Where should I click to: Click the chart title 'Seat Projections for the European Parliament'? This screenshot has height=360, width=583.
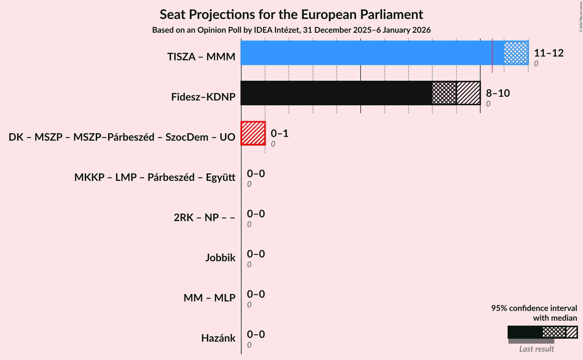click(291, 15)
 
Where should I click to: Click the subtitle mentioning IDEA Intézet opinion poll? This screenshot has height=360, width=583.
click(291, 30)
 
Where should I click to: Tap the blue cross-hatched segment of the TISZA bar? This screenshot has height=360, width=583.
click(516, 53)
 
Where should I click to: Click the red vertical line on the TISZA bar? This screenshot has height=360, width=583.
click(492, 56)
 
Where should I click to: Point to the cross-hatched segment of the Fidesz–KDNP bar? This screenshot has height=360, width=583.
click(444, 93)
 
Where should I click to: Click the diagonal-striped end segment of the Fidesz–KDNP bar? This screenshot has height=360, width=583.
click(468, 93)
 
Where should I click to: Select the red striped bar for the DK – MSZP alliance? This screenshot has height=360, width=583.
click(253, 133)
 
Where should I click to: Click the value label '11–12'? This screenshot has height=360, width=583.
click(549, 53)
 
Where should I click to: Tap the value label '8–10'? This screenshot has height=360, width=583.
click(498, 93)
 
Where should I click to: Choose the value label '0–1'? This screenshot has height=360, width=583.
click(279, 133)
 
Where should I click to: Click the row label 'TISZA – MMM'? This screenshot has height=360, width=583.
click(201, 57)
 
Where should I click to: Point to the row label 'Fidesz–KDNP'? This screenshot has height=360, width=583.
click(203, 97)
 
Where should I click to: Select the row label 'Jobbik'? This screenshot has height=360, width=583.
click(220, 258)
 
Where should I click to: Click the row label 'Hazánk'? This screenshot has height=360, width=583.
click(218, 338)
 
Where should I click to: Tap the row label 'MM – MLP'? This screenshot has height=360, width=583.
click(209, 298)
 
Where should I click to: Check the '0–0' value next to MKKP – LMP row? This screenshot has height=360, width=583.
click(256, 174)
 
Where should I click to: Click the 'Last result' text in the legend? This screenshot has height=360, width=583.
click(537, 349)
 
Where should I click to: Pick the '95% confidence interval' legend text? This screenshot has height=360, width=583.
click(534, 308)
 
